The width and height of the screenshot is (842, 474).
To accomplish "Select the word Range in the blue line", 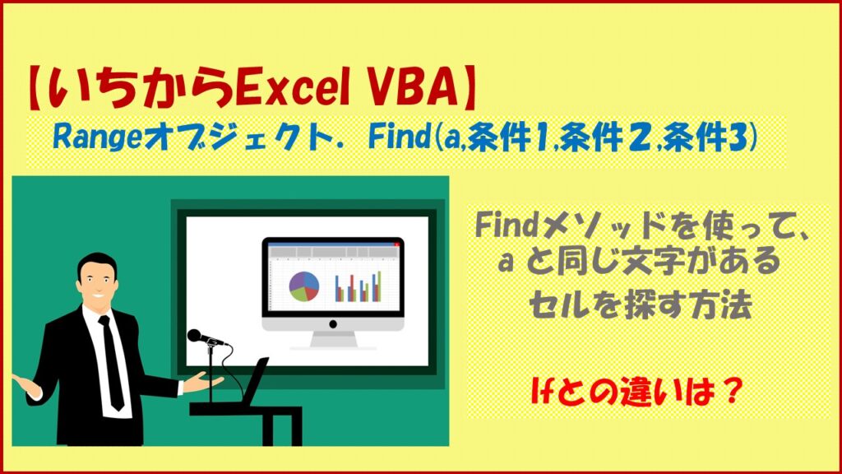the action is [98, 138].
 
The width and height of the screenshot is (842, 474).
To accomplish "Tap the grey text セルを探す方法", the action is [640, 305].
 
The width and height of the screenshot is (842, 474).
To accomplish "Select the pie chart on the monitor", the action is [304, 286].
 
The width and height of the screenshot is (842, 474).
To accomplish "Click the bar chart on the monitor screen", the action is [358, 286].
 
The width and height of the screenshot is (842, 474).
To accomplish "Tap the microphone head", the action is [196, 336].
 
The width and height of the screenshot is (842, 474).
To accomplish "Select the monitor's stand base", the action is [334, 341].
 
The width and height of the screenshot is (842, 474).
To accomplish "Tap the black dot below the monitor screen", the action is [333, 324].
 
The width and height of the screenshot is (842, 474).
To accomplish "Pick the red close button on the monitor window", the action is [396, 244].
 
